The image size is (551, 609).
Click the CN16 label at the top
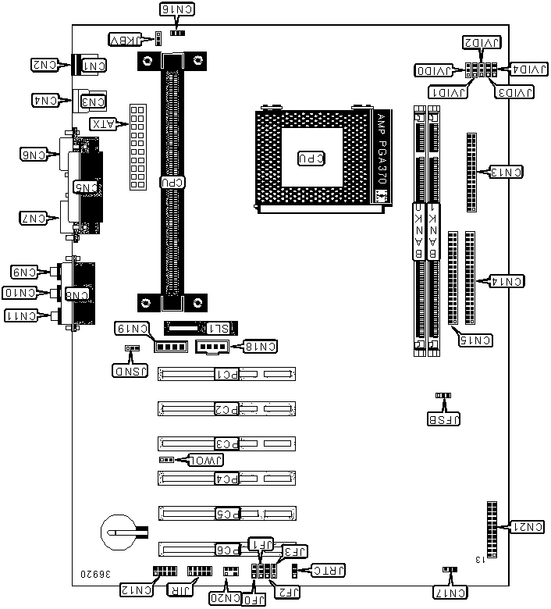tap(179, 10)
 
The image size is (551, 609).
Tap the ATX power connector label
tap(104, 123)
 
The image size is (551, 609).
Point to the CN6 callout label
tap(36, 154)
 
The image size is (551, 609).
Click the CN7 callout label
tap(36, 219)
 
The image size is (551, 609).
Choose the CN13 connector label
tap(505, 171)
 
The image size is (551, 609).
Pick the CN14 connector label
tap(505, 279)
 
